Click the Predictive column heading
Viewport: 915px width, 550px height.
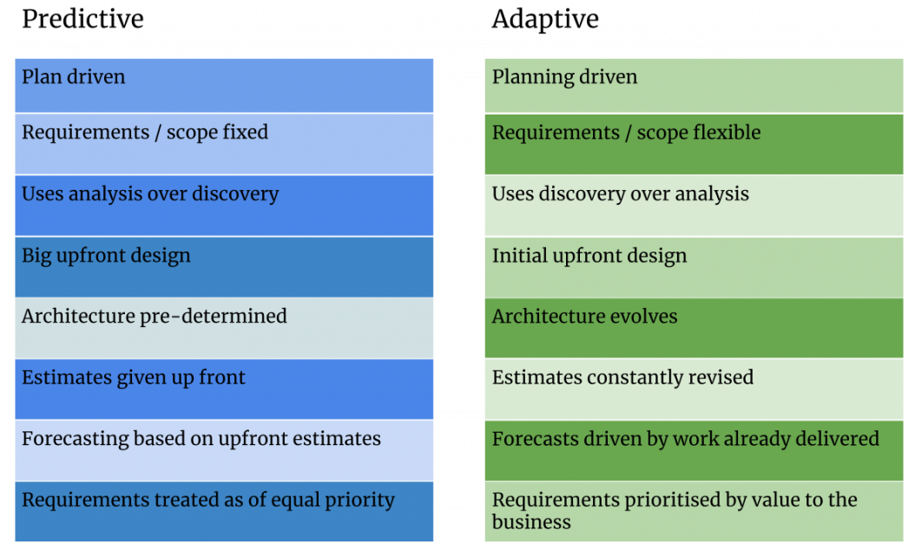82,19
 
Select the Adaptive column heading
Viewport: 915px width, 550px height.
545,19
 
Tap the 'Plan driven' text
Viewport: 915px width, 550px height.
74,77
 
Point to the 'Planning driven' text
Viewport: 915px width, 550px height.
564,77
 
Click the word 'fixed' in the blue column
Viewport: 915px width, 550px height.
245,133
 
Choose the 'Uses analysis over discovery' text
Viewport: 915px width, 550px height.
150,194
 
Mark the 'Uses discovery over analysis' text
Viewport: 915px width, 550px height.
620,194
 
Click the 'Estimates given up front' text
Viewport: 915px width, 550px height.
134,378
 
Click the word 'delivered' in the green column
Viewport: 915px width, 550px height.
837,440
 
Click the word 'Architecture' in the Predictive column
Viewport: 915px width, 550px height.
79,317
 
